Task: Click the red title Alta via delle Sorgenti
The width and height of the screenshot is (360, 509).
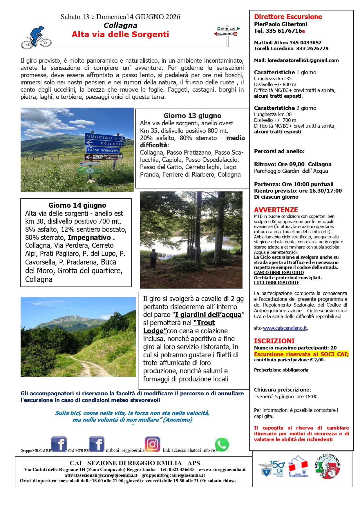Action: [120, 35]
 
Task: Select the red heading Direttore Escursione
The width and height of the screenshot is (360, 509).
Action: [288, 17]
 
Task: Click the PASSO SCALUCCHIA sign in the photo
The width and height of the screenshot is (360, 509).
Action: [103, 150]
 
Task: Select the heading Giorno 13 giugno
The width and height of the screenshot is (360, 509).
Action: [192, 116]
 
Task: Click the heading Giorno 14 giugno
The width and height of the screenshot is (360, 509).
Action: [77, 205]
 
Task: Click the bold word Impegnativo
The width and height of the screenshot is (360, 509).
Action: [90, 238]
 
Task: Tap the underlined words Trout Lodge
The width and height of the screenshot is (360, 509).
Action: [179, 327]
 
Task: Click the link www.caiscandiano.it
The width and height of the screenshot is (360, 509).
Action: [285, 328]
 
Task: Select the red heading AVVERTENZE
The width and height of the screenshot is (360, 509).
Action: [276, 210]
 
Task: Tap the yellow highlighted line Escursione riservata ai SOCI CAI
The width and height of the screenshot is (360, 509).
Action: [301, 354]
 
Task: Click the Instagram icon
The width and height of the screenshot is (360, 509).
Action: [152, 444]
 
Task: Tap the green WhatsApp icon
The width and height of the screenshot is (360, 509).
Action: [222, 445]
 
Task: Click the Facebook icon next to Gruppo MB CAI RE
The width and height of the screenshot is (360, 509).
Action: [59, 444]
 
